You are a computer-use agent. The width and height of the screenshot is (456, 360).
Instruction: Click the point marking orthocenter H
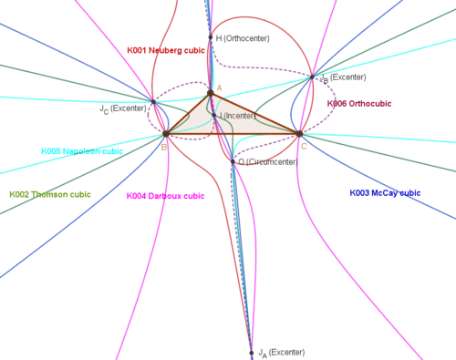coord(211,37)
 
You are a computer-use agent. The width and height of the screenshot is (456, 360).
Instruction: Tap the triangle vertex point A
coord(211,93)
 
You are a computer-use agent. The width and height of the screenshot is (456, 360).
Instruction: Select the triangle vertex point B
coord(166,133)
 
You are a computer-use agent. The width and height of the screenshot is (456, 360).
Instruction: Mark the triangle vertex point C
coord(300,133)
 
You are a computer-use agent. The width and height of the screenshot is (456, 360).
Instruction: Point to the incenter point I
coord(214,116)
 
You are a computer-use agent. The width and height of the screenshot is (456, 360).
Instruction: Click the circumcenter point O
coord(233,161)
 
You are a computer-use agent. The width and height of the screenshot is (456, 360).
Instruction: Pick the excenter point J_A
coord(252,353)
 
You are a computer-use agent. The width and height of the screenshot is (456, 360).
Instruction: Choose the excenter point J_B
coord(312,77)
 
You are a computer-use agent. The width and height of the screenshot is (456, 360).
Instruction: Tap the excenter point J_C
coord(153,102)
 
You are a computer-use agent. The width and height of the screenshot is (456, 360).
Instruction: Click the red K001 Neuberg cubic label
coord(166,50)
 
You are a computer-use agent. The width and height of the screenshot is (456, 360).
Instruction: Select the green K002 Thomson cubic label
coord(50,194)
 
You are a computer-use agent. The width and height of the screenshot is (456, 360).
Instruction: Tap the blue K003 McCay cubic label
coord(385,193)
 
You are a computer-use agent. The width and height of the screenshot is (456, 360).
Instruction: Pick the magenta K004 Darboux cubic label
coord(165,196)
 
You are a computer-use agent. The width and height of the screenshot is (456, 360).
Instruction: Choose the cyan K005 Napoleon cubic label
coord(82,151)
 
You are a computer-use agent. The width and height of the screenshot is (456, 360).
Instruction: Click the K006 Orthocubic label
coord(359,104)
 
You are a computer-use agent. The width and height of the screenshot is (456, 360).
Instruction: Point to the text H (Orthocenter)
coord(243,38)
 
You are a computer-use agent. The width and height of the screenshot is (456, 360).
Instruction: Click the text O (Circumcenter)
coord(268,162)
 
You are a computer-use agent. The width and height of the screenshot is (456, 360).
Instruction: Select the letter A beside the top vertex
coord(219,88)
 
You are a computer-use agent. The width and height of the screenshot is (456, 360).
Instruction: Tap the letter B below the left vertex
coord(164,148)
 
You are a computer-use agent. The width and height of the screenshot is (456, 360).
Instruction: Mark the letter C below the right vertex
coord(304,147)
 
